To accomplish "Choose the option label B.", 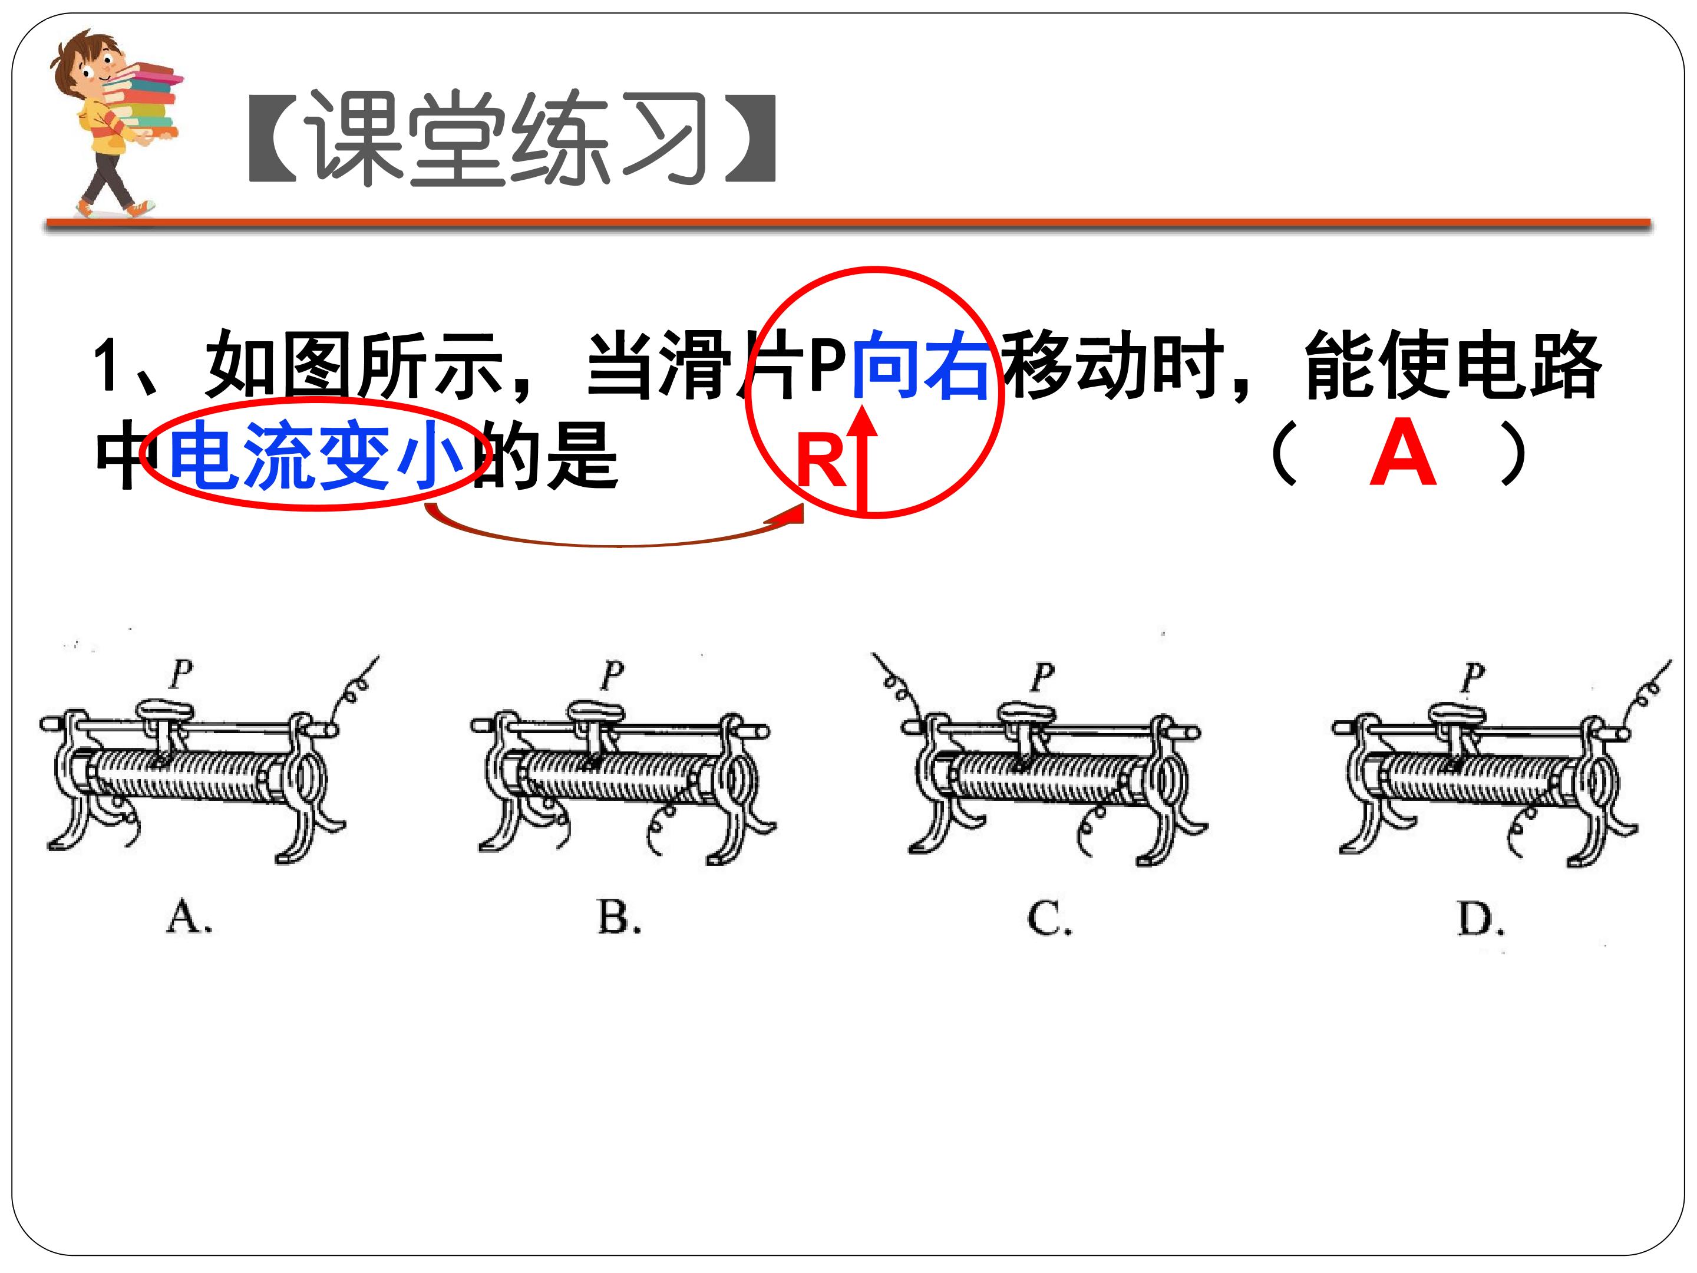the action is [x=619, y=916].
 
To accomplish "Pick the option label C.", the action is [x=1049, y=918].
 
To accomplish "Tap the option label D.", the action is [x=1481, y=918].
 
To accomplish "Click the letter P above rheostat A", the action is [x=181, y=674].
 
